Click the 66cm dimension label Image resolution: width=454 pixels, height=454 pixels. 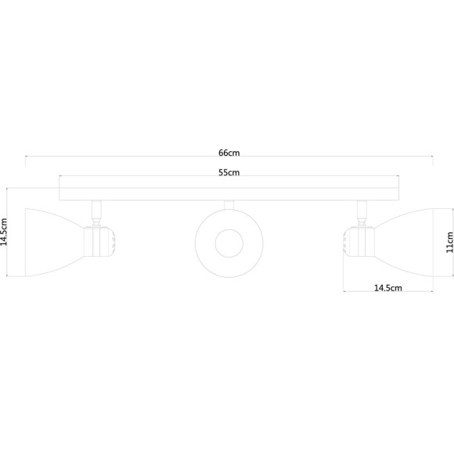(228, 152)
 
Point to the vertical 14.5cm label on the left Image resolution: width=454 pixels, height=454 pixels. (5, 232)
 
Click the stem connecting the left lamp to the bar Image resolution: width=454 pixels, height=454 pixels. (96, 209)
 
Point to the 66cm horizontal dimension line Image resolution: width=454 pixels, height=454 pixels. (117, 157)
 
